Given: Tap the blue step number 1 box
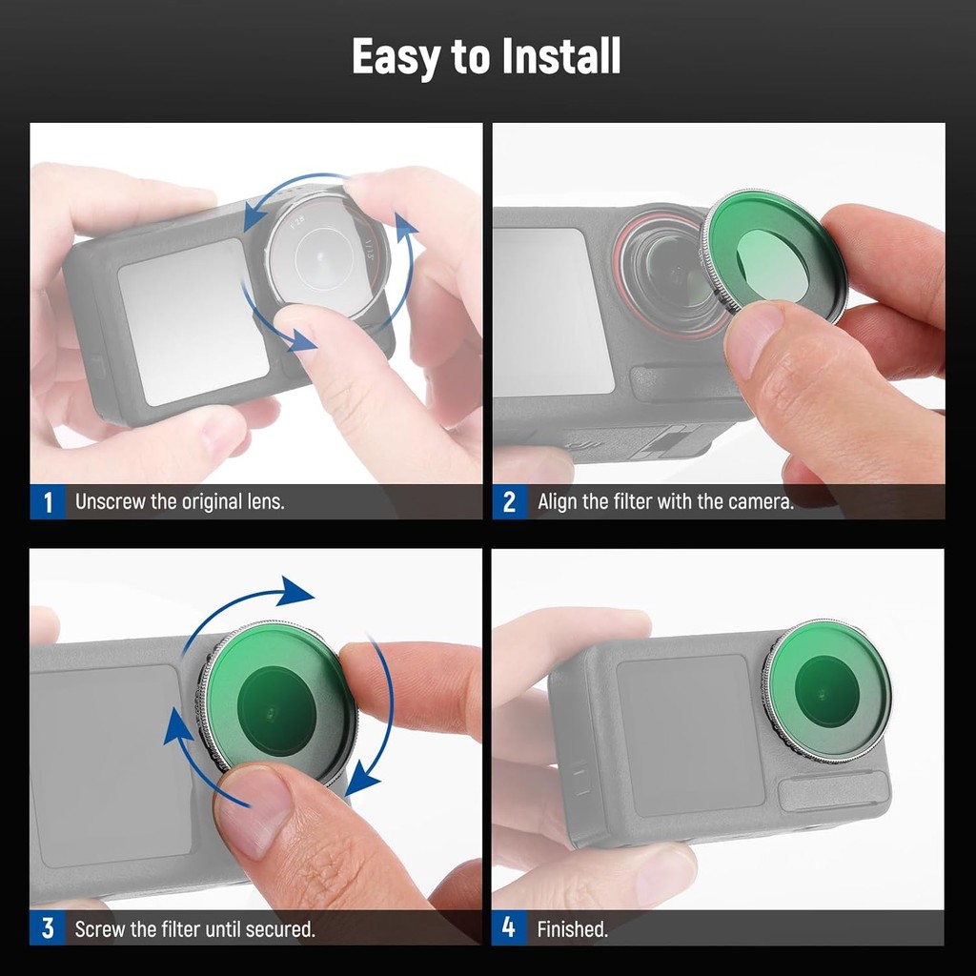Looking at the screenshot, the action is [x=48, y=501].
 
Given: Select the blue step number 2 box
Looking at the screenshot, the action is [x=509, y=501].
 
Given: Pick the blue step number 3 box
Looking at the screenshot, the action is [x=48, y=928].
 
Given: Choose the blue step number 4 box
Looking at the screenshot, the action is [x=509, y=928].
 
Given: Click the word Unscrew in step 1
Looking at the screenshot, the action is [x=111, y=501].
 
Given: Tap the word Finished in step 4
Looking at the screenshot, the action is [x=572, y=929].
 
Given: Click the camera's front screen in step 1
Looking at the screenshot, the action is [x=193, y=321].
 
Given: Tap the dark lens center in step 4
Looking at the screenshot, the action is [x=827, y=691].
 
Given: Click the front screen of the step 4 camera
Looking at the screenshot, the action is [x=690, y=735].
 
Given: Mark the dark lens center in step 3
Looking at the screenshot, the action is [x=277, y=711].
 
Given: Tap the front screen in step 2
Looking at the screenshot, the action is [x=552, y=312].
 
